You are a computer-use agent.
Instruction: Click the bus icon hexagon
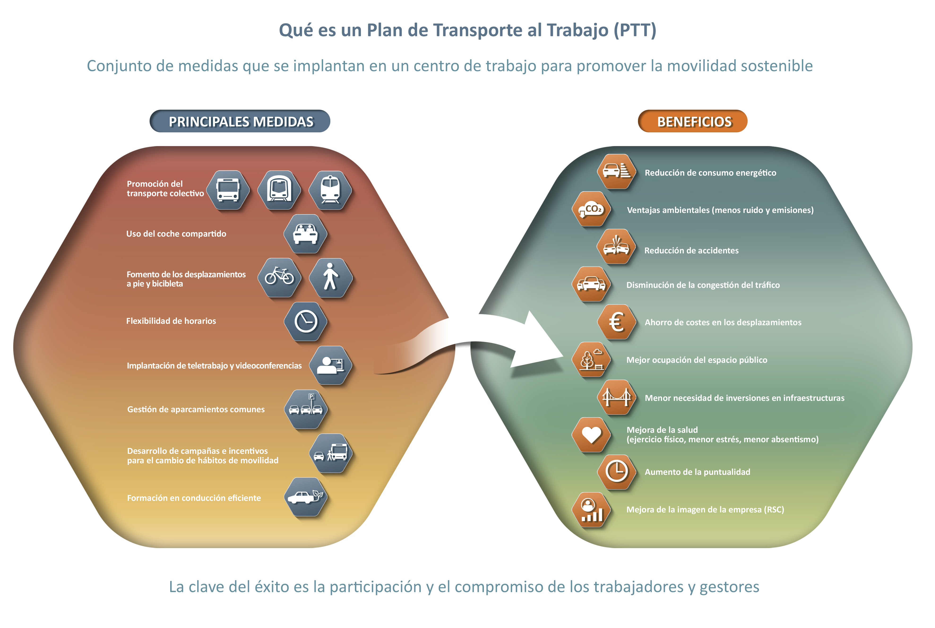228,190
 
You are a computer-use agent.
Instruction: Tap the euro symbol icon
617,322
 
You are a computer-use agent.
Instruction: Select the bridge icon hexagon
617,397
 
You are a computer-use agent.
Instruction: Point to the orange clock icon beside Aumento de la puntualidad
617,471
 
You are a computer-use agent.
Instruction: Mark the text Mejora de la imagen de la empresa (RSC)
705,509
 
